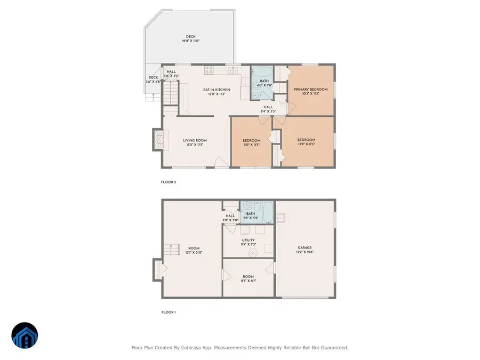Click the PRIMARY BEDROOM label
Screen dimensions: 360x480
[x=310, y=89]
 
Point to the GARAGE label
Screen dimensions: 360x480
[x=305, y=247]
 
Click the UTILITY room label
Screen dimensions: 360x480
[x=248, y=240]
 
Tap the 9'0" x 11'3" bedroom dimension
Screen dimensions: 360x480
[x=251, y=144]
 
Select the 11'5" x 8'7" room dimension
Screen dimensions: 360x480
[x=248, y=281]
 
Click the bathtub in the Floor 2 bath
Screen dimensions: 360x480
[x=261, y=73]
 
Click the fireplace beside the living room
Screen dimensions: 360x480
[x=158, y=140]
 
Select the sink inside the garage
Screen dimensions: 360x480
[x=281, y=217]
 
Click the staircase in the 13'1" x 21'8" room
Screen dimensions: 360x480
[x=170, y=249]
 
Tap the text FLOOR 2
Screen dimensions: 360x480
[x=169, y=182]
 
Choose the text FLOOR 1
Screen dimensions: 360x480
[x=169, y=312]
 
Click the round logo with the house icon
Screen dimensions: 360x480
[x=25, y=336]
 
